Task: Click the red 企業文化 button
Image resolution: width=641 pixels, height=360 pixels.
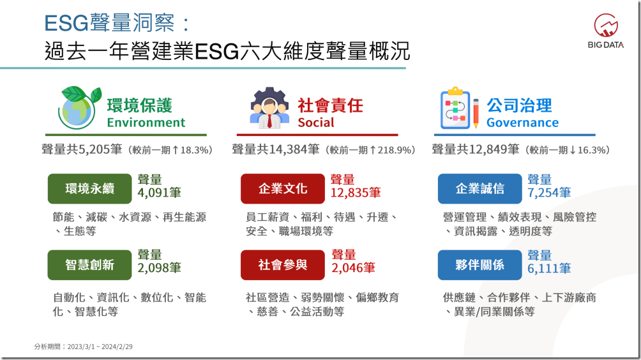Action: point(282,188)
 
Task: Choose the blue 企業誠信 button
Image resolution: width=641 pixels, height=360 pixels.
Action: point(479,188)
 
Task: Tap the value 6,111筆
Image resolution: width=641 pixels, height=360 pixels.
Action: point(549,269)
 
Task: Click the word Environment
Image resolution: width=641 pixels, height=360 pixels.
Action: point(146,123)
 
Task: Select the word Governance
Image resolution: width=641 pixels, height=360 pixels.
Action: point(522,123)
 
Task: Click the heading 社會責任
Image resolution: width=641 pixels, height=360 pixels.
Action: point(330,105)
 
